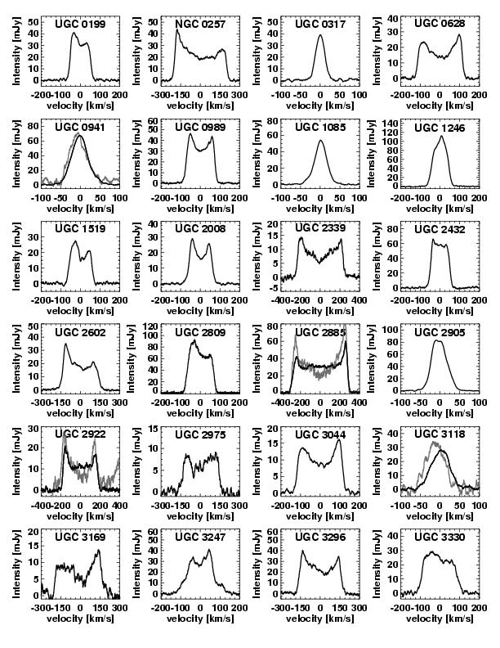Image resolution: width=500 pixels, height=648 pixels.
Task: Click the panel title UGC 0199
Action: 79,24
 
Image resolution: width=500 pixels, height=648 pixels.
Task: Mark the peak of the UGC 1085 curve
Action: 319,141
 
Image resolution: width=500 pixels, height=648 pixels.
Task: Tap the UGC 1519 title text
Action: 79,229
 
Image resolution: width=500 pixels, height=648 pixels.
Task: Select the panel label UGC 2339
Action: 319,229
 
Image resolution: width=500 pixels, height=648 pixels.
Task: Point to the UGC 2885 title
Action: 319,332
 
